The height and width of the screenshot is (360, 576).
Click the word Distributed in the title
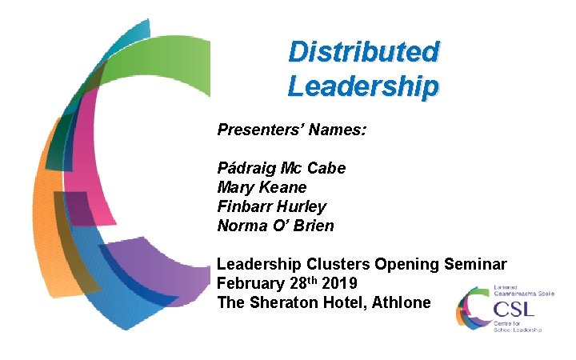[x=363, y=52]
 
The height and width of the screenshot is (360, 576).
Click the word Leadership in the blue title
[x=363, y=85]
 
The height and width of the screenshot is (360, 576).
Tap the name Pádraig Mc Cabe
[x=281, y=169]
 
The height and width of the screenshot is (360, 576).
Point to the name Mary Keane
[x=262, y=188]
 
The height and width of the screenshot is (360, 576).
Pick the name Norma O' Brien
[x=275, y=226]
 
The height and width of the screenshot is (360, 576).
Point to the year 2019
[x=339, y=284]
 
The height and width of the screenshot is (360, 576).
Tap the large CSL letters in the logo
[x=515, y=309]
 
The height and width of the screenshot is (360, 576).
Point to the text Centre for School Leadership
[x=518, y=326]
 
